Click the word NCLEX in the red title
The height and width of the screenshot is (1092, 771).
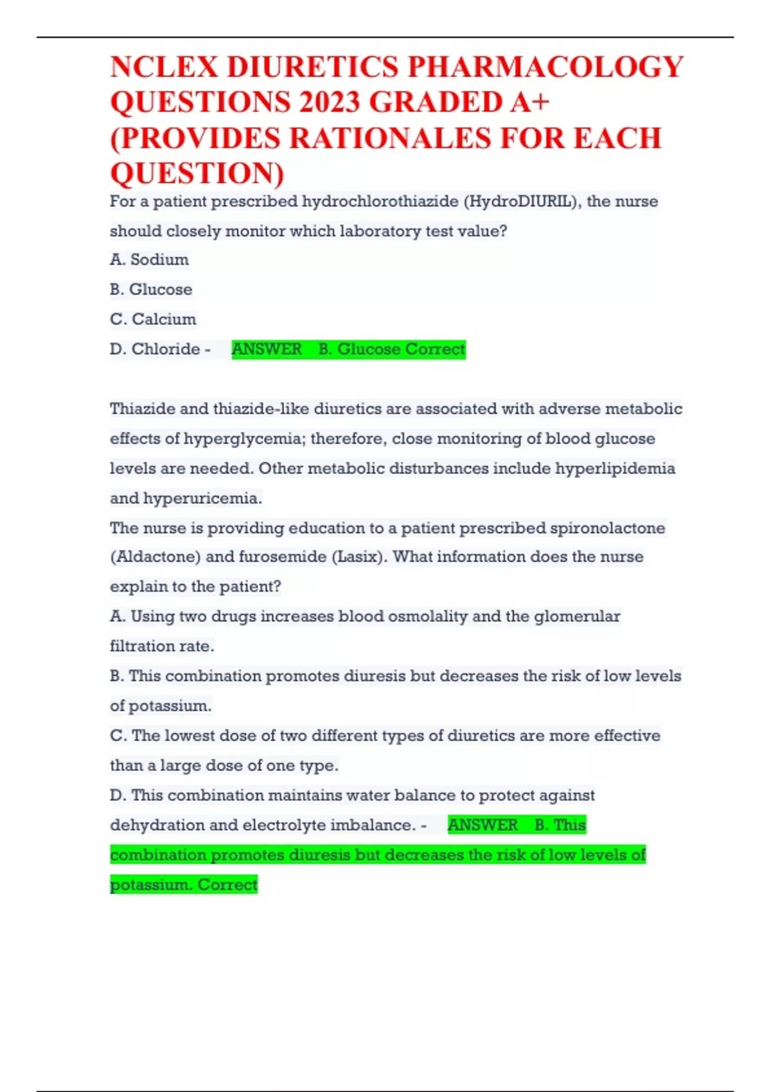tap(163, 67)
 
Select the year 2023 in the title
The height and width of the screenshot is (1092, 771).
tap(328, 103)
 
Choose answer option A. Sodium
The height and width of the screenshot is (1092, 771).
tap(149, 260)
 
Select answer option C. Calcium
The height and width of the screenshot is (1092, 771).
tap(153, 319)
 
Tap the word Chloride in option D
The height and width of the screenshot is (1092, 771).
tap(166, 349)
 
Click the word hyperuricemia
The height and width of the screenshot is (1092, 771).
tap(202, 498)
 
